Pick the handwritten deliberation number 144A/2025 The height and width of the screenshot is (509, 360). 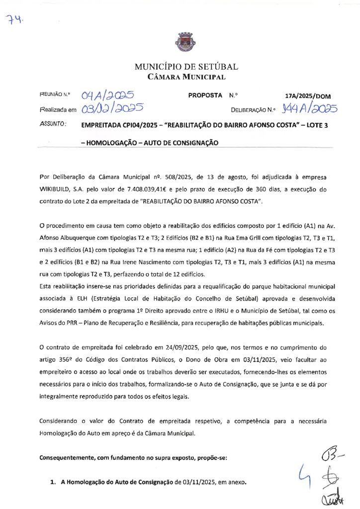[x=308, y=109]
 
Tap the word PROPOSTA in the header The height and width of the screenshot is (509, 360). [x=205, y=95]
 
